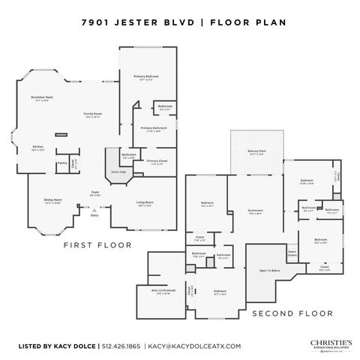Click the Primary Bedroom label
(148, 77)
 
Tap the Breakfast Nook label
(42, 98)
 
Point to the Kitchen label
(38, 147)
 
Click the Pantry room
(61, 163)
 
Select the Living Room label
(145, 202)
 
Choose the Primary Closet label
(157, 161)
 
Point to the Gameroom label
(255, 211)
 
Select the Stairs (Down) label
(292, 253)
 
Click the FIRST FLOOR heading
(97, 244)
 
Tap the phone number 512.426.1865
(121, 346)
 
